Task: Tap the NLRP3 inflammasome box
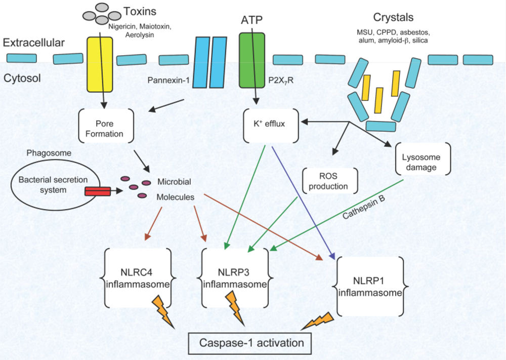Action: pyautogui.click(x=235, y=277)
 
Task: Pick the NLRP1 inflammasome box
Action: pyautogui.click(x=370, y=286)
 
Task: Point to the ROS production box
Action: pyautogui.click(x=329, y=181)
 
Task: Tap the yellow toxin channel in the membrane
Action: pyautogui.click(x=100, y=64)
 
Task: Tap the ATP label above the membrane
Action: pyautogui.click(x=252, y=20)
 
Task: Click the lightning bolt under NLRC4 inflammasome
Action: pyautogui.click(x=159, y=309)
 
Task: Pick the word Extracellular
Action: pyautogui.click(x=34, y=43)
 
